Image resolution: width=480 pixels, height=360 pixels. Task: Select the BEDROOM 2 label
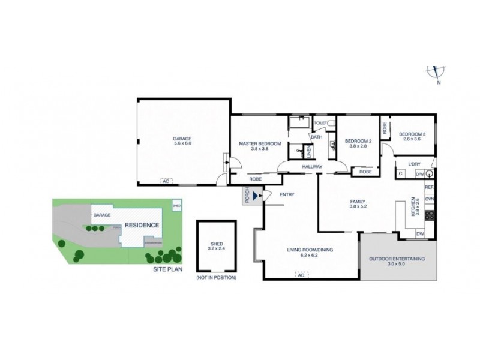[x=358, y=141]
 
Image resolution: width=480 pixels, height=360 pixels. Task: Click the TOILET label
[x=320, y=123]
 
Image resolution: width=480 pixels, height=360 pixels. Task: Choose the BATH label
[x=317, y=137]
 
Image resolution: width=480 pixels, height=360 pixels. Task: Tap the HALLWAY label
[x=312, y=166]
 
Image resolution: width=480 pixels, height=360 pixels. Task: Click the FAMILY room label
[x=358, y=202]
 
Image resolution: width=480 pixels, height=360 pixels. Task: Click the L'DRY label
[x=413, y=163]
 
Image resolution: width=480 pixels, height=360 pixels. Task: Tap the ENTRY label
[x=286, y=194]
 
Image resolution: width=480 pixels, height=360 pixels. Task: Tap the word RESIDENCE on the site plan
[x=142, y=226]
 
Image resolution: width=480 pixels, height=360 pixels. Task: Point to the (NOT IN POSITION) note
[x=216, y=278]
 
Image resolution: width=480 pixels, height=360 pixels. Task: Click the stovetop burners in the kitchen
[x=430, y=215]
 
